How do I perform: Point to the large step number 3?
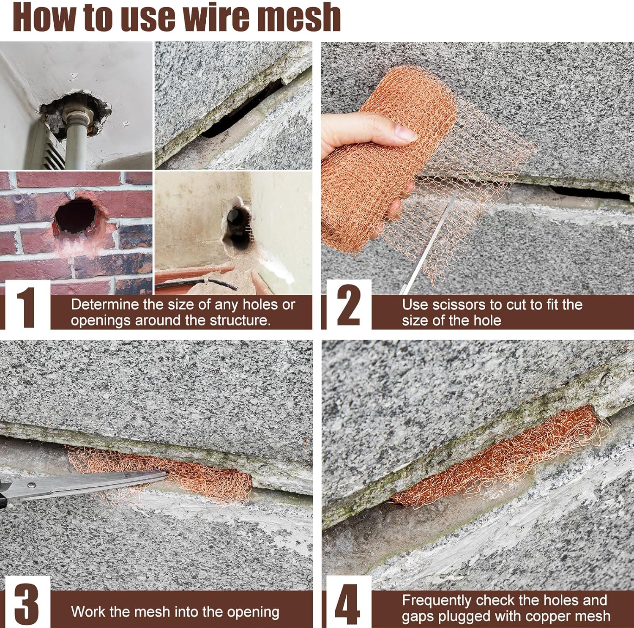tap(26, 603)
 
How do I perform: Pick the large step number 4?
tap(347, 603)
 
